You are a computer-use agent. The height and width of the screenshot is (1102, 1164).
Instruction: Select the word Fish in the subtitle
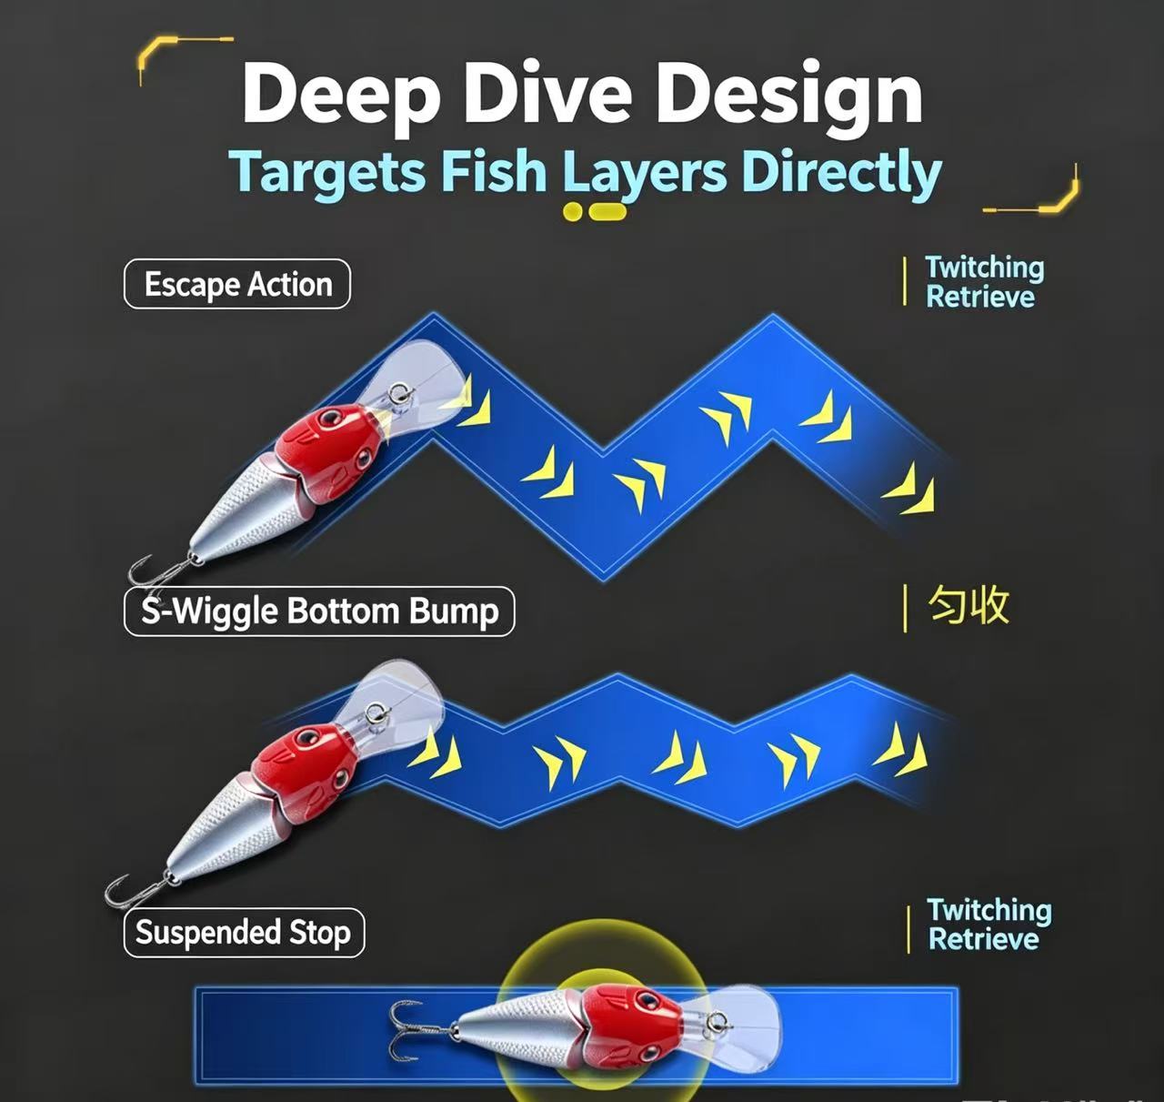coord(495,171)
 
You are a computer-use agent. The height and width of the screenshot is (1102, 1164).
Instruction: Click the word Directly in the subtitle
coord(841,173)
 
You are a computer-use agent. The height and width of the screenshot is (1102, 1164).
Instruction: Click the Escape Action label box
coord(236,284)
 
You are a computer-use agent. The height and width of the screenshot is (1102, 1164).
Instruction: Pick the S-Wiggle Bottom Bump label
coord(319,611)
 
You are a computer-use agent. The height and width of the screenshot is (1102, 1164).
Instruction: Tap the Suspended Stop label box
coord(244,933)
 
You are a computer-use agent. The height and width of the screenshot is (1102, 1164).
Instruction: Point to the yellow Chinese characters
coord(968,605)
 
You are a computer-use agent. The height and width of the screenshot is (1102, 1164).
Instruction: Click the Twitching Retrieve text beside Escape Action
coord(985,282)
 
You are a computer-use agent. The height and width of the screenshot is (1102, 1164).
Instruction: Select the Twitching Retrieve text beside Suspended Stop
coord(989,925)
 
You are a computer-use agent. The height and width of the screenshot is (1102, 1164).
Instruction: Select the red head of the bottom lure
coord(631,1026)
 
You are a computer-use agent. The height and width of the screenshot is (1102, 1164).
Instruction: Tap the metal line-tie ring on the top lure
coord(398,393)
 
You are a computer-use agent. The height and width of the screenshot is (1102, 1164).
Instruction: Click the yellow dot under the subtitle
coord(572,211)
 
